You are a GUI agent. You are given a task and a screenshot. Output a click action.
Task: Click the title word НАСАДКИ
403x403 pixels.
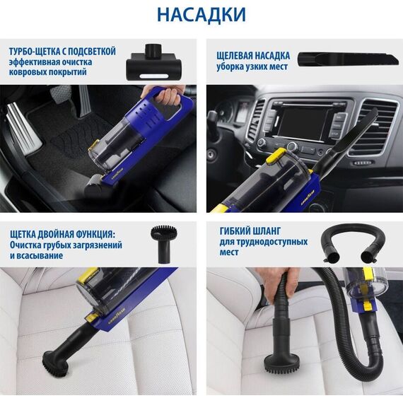coord(201,15)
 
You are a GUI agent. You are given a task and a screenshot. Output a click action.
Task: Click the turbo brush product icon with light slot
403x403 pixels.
coord(154,63)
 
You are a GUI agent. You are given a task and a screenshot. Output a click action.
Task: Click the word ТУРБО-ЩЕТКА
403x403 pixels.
coord(35,52)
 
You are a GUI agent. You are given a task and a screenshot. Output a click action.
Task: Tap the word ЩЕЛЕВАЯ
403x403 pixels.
coord(233,56)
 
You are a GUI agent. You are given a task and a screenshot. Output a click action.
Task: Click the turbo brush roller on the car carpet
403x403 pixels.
coord(95,185)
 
